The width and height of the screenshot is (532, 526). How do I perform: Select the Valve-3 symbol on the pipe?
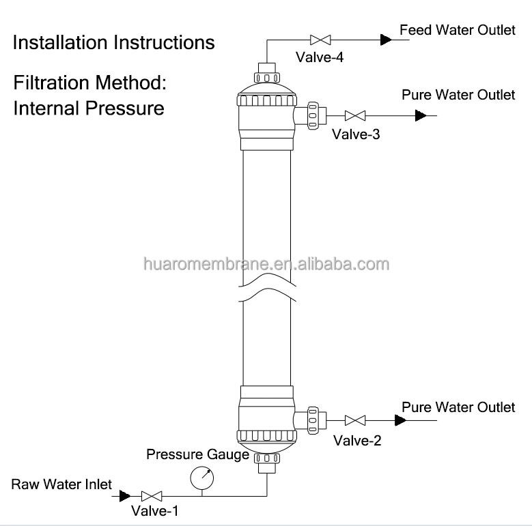354,115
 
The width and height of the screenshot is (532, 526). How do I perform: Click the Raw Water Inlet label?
61,484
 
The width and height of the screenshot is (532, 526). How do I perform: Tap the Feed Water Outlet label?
458,30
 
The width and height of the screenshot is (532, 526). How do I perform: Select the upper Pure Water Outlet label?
458,95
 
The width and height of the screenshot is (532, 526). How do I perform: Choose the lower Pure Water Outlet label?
458,407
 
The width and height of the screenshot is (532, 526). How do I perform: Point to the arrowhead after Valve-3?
421,115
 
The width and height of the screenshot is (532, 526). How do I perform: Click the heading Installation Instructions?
114,43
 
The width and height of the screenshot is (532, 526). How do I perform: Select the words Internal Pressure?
89,108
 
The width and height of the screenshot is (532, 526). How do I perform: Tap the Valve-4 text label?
318,58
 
